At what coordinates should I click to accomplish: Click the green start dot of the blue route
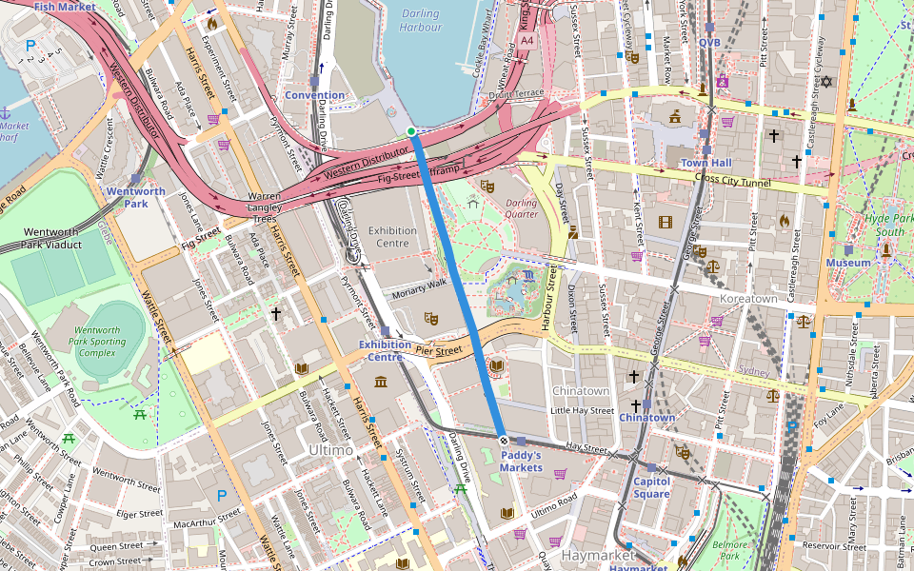pos(410,131)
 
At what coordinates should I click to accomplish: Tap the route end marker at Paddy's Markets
pos(504,440)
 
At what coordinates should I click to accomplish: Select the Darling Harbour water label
pos(420,21)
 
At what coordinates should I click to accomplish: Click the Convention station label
pos(314,95)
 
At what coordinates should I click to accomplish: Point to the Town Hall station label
pos(705,163)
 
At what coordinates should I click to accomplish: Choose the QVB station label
pos(709,42)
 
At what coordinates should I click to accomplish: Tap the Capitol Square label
pos(651,487)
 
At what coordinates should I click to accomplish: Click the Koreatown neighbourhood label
pos(748,299)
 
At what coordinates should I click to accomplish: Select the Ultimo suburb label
pos(330,449)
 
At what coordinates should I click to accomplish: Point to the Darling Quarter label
pos(521,208)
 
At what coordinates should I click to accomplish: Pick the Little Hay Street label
pos(582,410)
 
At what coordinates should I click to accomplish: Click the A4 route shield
pos(527,42)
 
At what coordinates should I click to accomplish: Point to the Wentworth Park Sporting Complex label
pos(97,341)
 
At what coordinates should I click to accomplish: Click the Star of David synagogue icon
pos(826,81)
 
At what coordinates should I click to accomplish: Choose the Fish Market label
pos(65,7)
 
